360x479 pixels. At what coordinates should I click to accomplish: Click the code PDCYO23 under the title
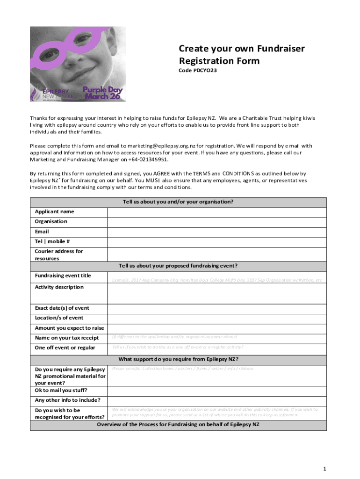198,71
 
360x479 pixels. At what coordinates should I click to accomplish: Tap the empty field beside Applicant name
217,212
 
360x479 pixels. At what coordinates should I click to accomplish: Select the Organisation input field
217,222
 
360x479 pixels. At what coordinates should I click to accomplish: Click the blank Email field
217,232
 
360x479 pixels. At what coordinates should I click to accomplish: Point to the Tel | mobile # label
52,241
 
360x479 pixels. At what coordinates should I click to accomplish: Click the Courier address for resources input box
217,254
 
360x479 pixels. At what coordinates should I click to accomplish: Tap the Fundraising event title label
63,276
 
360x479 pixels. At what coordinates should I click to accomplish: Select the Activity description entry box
217,293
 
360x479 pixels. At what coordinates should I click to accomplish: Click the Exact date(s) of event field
217,308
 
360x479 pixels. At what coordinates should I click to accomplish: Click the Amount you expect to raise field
217,328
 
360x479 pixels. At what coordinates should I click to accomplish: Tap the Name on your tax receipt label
66,338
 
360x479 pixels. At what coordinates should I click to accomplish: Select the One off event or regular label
65,348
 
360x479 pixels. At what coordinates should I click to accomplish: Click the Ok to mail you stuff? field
217,391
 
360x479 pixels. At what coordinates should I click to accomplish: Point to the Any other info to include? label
67,400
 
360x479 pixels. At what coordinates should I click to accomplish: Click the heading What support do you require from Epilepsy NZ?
178,359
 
